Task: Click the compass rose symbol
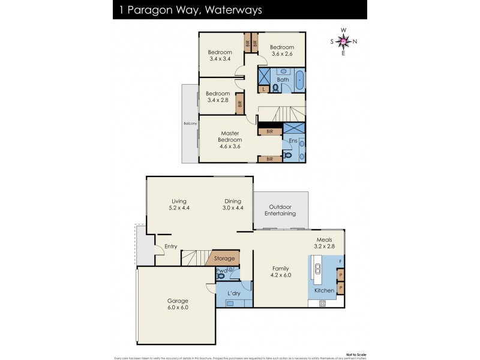[343, 41]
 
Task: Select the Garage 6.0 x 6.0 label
[178, 304]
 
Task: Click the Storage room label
[224, 259]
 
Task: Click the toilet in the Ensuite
[288, 156]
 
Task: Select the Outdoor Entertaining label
[281, 210]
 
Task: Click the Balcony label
[190, 124]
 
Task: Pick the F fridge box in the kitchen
[340, 261]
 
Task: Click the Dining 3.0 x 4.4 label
[232, 205]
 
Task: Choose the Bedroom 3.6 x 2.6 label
[281, 51]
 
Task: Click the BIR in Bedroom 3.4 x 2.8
[240, 103]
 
